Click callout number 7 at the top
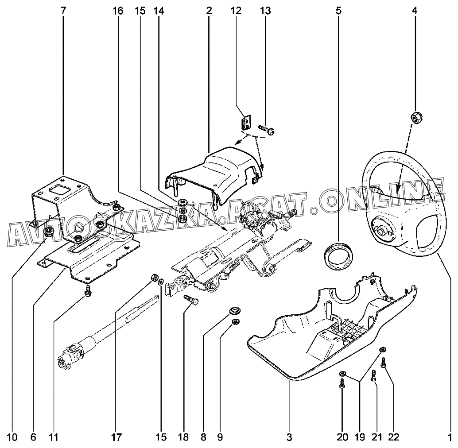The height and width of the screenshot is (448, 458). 63,10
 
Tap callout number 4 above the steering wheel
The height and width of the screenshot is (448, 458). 415,10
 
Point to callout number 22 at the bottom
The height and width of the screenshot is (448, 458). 394,438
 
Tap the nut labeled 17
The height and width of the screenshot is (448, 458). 155,278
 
